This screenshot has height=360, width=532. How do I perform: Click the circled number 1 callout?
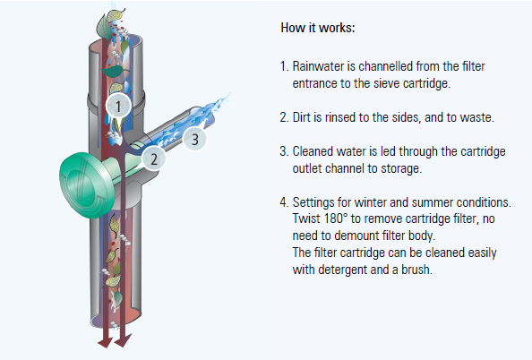click(118, 106)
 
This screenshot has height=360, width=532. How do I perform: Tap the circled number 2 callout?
click(154, 159)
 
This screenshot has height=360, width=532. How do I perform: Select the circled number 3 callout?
click(194, 139)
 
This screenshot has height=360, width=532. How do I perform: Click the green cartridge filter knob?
click(88, 184)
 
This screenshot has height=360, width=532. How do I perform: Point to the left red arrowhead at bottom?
click(105, 341)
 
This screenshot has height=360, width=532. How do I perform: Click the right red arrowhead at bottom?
click(123, 340)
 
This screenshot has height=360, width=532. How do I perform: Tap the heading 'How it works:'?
click(318, 28)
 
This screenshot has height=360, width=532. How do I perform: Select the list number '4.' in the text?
click(284, 202)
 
